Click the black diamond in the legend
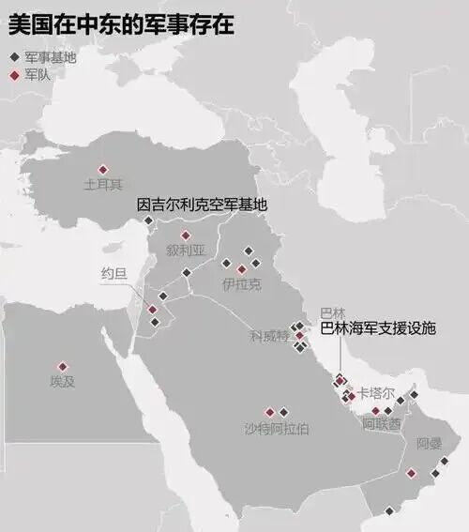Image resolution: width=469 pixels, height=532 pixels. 13,57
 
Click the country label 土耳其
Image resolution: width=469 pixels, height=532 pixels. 103,185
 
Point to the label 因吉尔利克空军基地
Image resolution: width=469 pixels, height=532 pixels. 202,204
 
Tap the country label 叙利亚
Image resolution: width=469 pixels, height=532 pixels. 185,251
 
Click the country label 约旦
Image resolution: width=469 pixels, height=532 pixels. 114,273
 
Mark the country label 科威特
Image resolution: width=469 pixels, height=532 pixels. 267,335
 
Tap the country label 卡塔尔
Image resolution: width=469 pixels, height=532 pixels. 376,395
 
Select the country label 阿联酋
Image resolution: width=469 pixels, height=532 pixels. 382,424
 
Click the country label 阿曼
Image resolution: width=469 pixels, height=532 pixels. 429,443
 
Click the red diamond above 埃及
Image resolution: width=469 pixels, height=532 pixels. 63,366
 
